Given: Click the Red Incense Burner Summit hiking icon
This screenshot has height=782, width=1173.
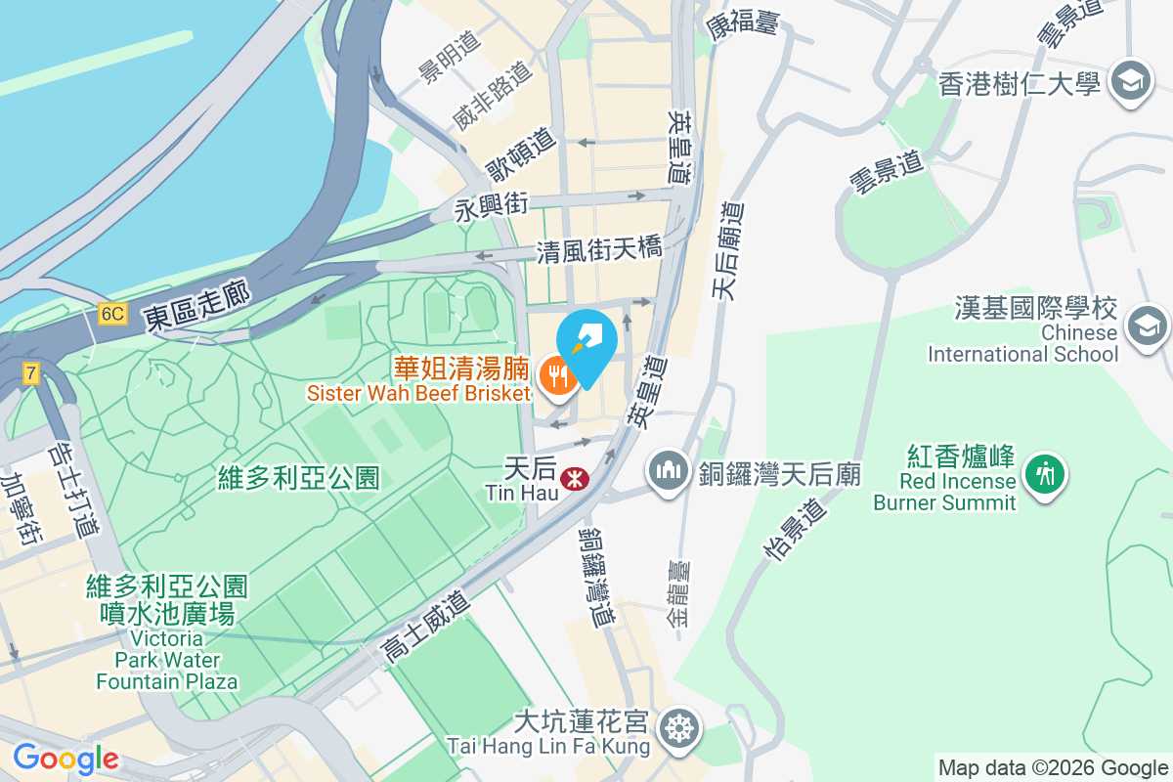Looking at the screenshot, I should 1045,474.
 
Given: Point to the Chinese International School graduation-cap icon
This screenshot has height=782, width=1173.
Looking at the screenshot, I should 1147,325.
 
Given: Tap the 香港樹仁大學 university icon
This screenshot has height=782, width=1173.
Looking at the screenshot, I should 1132,81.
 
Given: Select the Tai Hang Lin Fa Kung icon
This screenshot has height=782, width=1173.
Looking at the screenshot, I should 676,729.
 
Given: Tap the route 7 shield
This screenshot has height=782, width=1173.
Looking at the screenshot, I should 31,371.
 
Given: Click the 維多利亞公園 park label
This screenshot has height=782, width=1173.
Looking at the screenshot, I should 298,478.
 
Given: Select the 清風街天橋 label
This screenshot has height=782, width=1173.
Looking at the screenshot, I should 599,250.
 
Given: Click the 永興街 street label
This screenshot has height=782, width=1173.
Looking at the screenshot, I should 492,206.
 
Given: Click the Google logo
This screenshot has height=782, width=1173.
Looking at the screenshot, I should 65,759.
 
